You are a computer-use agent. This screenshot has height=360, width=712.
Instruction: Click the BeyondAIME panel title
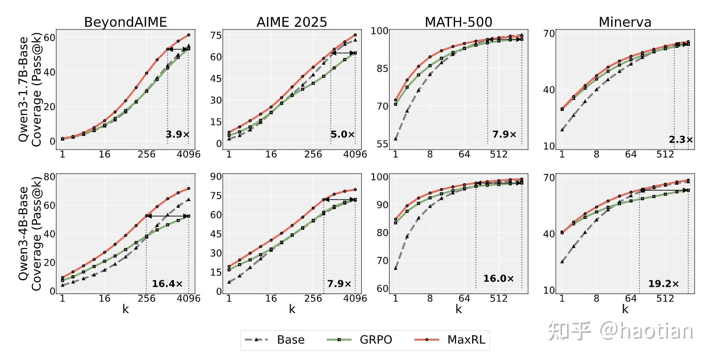pyautogui.click(x=126, y=22)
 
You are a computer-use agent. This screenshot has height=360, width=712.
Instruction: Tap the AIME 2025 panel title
pyautogui.click(x=292, y=22)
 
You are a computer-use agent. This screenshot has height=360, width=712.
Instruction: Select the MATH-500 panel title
pyautogui.click(x=458, y=22)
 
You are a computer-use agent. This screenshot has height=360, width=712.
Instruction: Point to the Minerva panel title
pyautogui.click(x=625, y=22)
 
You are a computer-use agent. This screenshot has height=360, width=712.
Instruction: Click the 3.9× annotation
pyautogui.click(x=177, y=135)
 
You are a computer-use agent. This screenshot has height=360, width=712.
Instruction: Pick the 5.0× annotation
pyautogui.click(x=342, y=135)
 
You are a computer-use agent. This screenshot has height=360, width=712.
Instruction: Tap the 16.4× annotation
pyautogui.click(x=167, y=284)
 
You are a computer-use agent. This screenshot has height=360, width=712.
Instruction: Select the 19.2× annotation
pyautogui.click(x=663, y=284)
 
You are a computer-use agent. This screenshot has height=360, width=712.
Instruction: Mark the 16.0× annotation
pyautogui.click(x=498, y=278)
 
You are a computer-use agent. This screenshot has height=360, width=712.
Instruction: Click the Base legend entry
pyautogui.click(x=275, y=340)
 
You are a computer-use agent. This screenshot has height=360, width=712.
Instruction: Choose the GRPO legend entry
pyautogui.click(x=360, y=340)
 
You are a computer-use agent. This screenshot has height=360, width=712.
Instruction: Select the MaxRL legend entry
pyautogui.click(x=450, y=340)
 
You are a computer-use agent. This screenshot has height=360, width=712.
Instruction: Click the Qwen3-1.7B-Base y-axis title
pyautogui.click(x=30, y=89)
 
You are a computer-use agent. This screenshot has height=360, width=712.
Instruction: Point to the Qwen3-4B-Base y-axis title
pyautogui.click(x=30, y=233)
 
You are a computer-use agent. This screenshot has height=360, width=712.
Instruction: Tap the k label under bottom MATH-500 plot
pyautogui.click(x=458, y=309)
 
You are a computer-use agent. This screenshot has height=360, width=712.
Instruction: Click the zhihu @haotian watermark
pyautogui.click(x=621, y=331)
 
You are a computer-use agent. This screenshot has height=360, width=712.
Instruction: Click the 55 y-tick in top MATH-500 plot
pyautogui.click(x=382, y=144)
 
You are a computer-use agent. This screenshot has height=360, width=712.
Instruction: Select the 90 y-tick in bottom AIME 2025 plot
pyautogui.click(x=216, y=176)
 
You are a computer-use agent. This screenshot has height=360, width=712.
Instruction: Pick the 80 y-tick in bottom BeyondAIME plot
pyautogui.click(x=49, y=177)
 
